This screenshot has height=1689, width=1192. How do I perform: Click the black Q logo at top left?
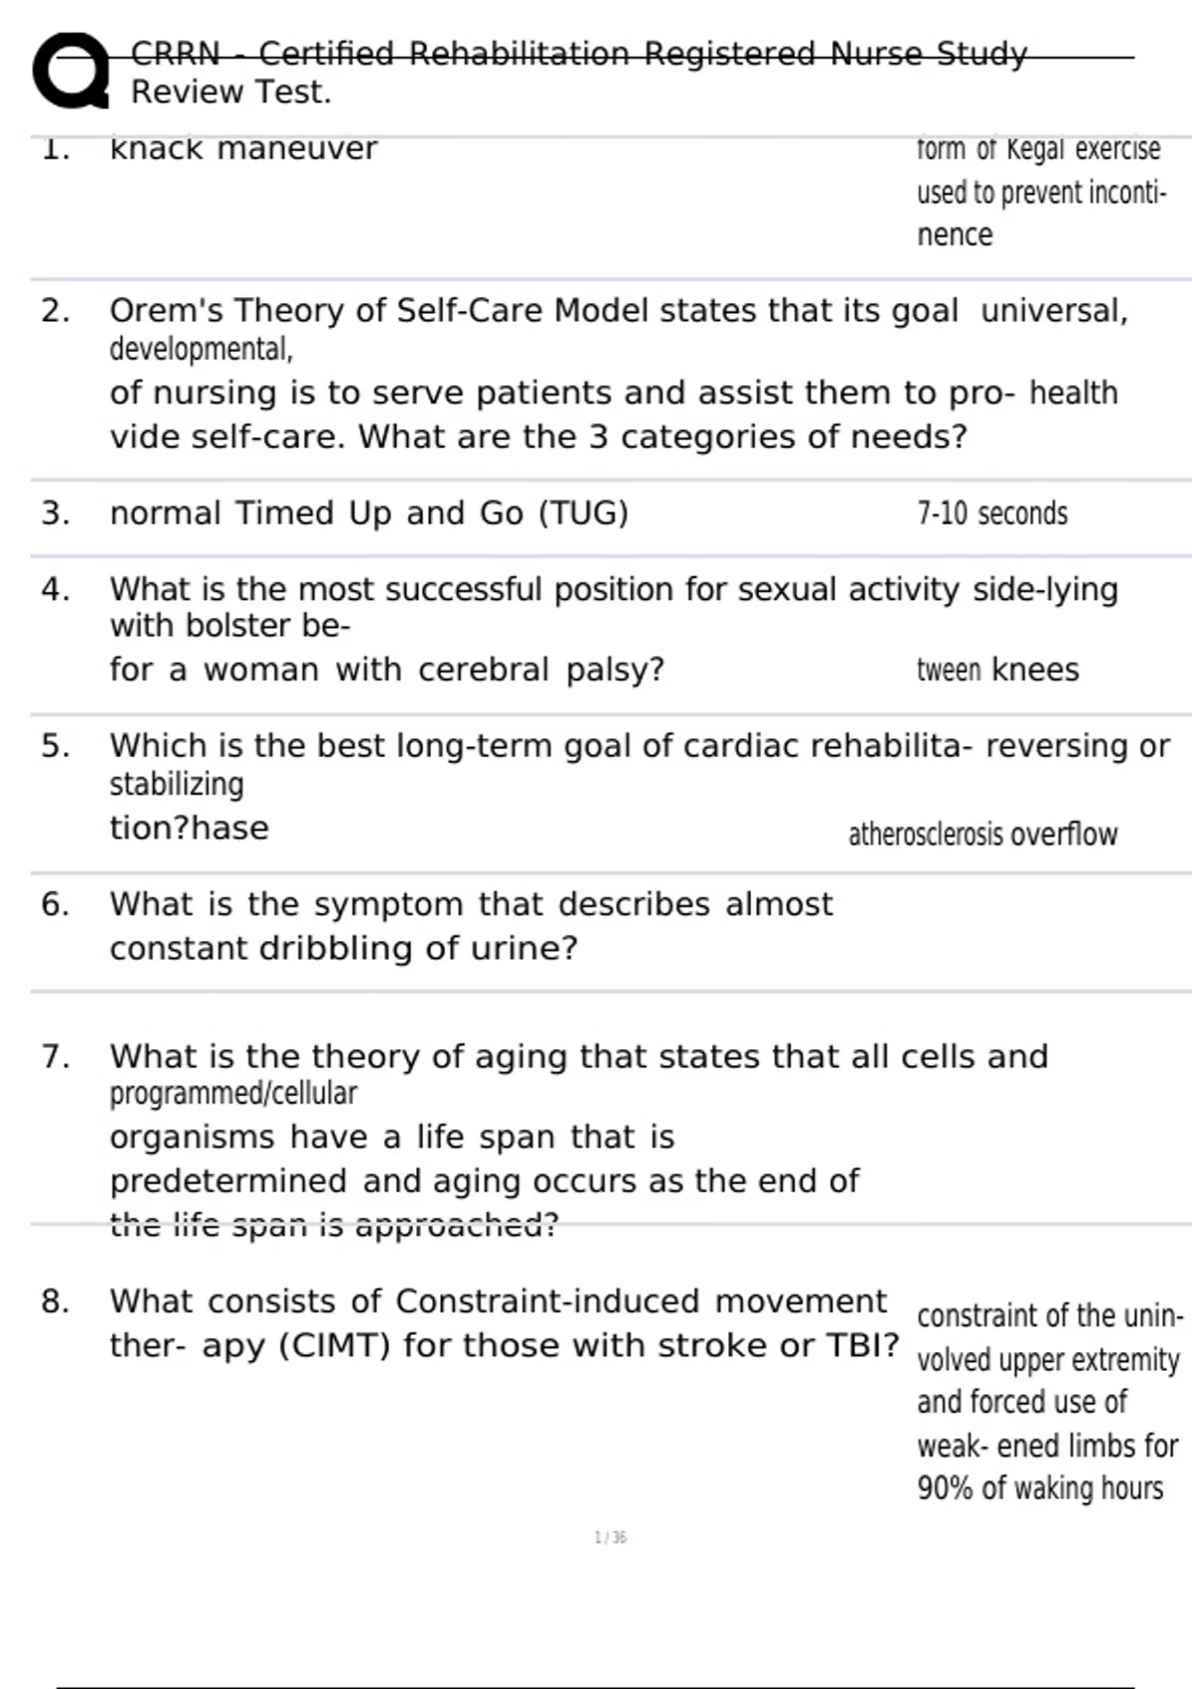click(70, 71)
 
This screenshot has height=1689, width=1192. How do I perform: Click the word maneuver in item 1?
click(297, 148)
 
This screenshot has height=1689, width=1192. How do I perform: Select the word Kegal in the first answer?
click(1036, 149)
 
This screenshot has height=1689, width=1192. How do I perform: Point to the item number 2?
click(55, 311)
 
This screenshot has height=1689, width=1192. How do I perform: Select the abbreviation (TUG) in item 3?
click(583, 514)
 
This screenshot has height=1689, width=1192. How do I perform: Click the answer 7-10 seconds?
click(991, 514)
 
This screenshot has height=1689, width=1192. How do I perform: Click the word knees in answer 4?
click(1035, 670)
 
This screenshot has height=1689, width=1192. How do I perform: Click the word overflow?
click(1064, 835)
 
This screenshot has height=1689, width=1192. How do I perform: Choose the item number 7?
click(55, 1056)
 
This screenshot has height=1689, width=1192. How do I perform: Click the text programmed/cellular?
click(232, 1093)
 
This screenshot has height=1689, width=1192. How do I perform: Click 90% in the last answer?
click(945, 1488)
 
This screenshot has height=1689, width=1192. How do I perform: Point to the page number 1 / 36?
click(610, 1538)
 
